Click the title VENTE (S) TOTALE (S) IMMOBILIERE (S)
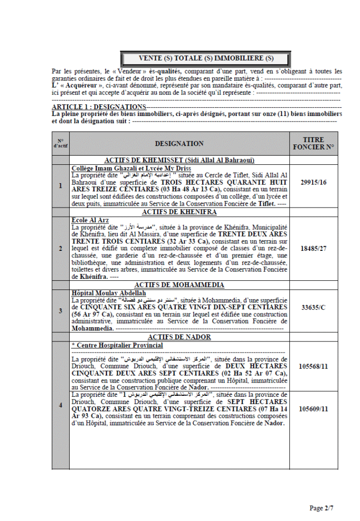[206, 59]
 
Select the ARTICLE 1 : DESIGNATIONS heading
[99, 107]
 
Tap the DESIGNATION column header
[179, 144]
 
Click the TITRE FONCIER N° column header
[313, 143]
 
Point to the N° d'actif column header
[61, 144]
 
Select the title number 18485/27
[313, 248]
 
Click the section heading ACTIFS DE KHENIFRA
[179, 212]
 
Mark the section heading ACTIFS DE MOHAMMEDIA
[179, 285]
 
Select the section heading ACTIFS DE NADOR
[179, 337]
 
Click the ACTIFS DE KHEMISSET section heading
[179, 160]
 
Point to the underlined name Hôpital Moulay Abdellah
[109, 294]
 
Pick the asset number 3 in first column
[61, 310]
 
